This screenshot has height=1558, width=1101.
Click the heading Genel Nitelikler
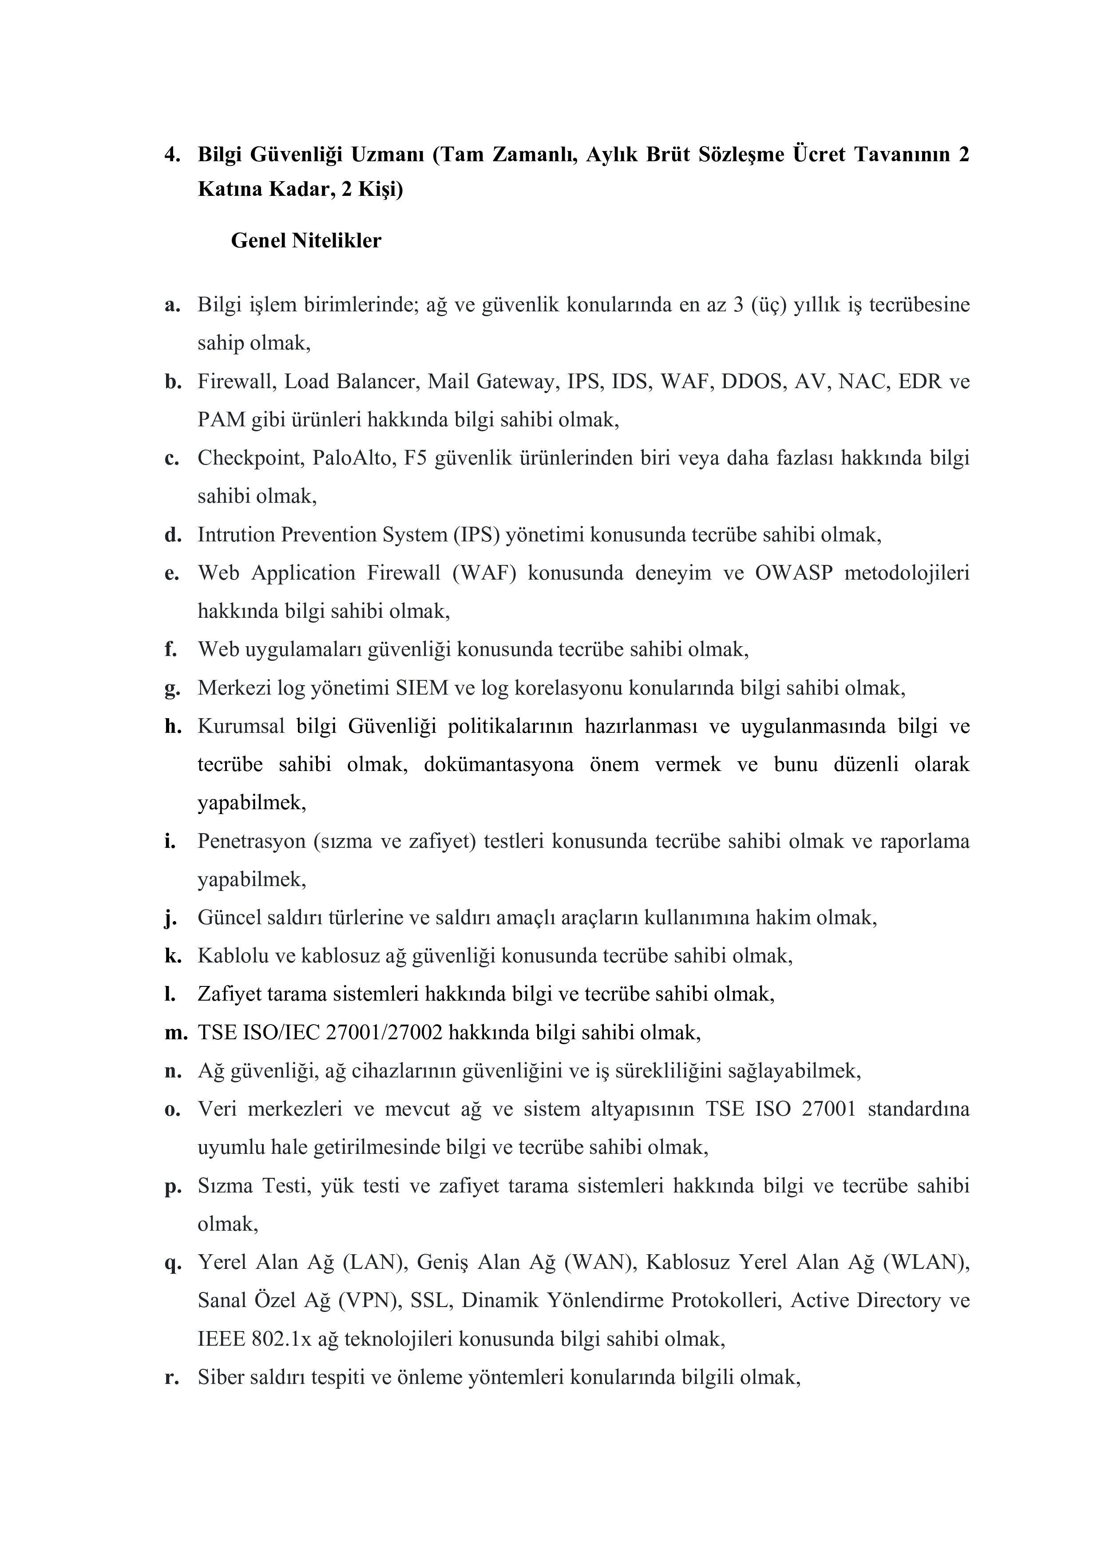[306, 241]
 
